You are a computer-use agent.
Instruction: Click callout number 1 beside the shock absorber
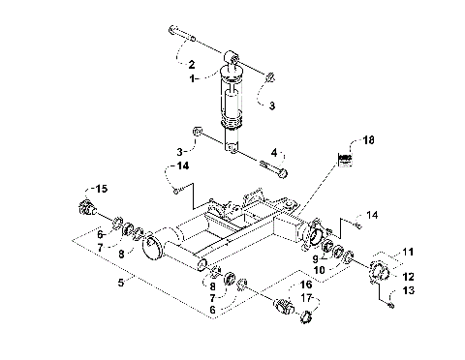click(193, 76)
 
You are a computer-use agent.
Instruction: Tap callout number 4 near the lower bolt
click(275, 152)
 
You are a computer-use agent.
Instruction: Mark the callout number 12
click(408, 276)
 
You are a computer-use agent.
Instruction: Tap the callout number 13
click(408, 290)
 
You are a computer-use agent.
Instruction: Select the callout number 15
click(103, 187)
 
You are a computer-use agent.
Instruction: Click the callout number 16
click(305, 285)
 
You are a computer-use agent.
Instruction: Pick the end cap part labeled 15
click(85, 207)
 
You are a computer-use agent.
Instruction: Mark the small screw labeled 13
click(389, 306)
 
